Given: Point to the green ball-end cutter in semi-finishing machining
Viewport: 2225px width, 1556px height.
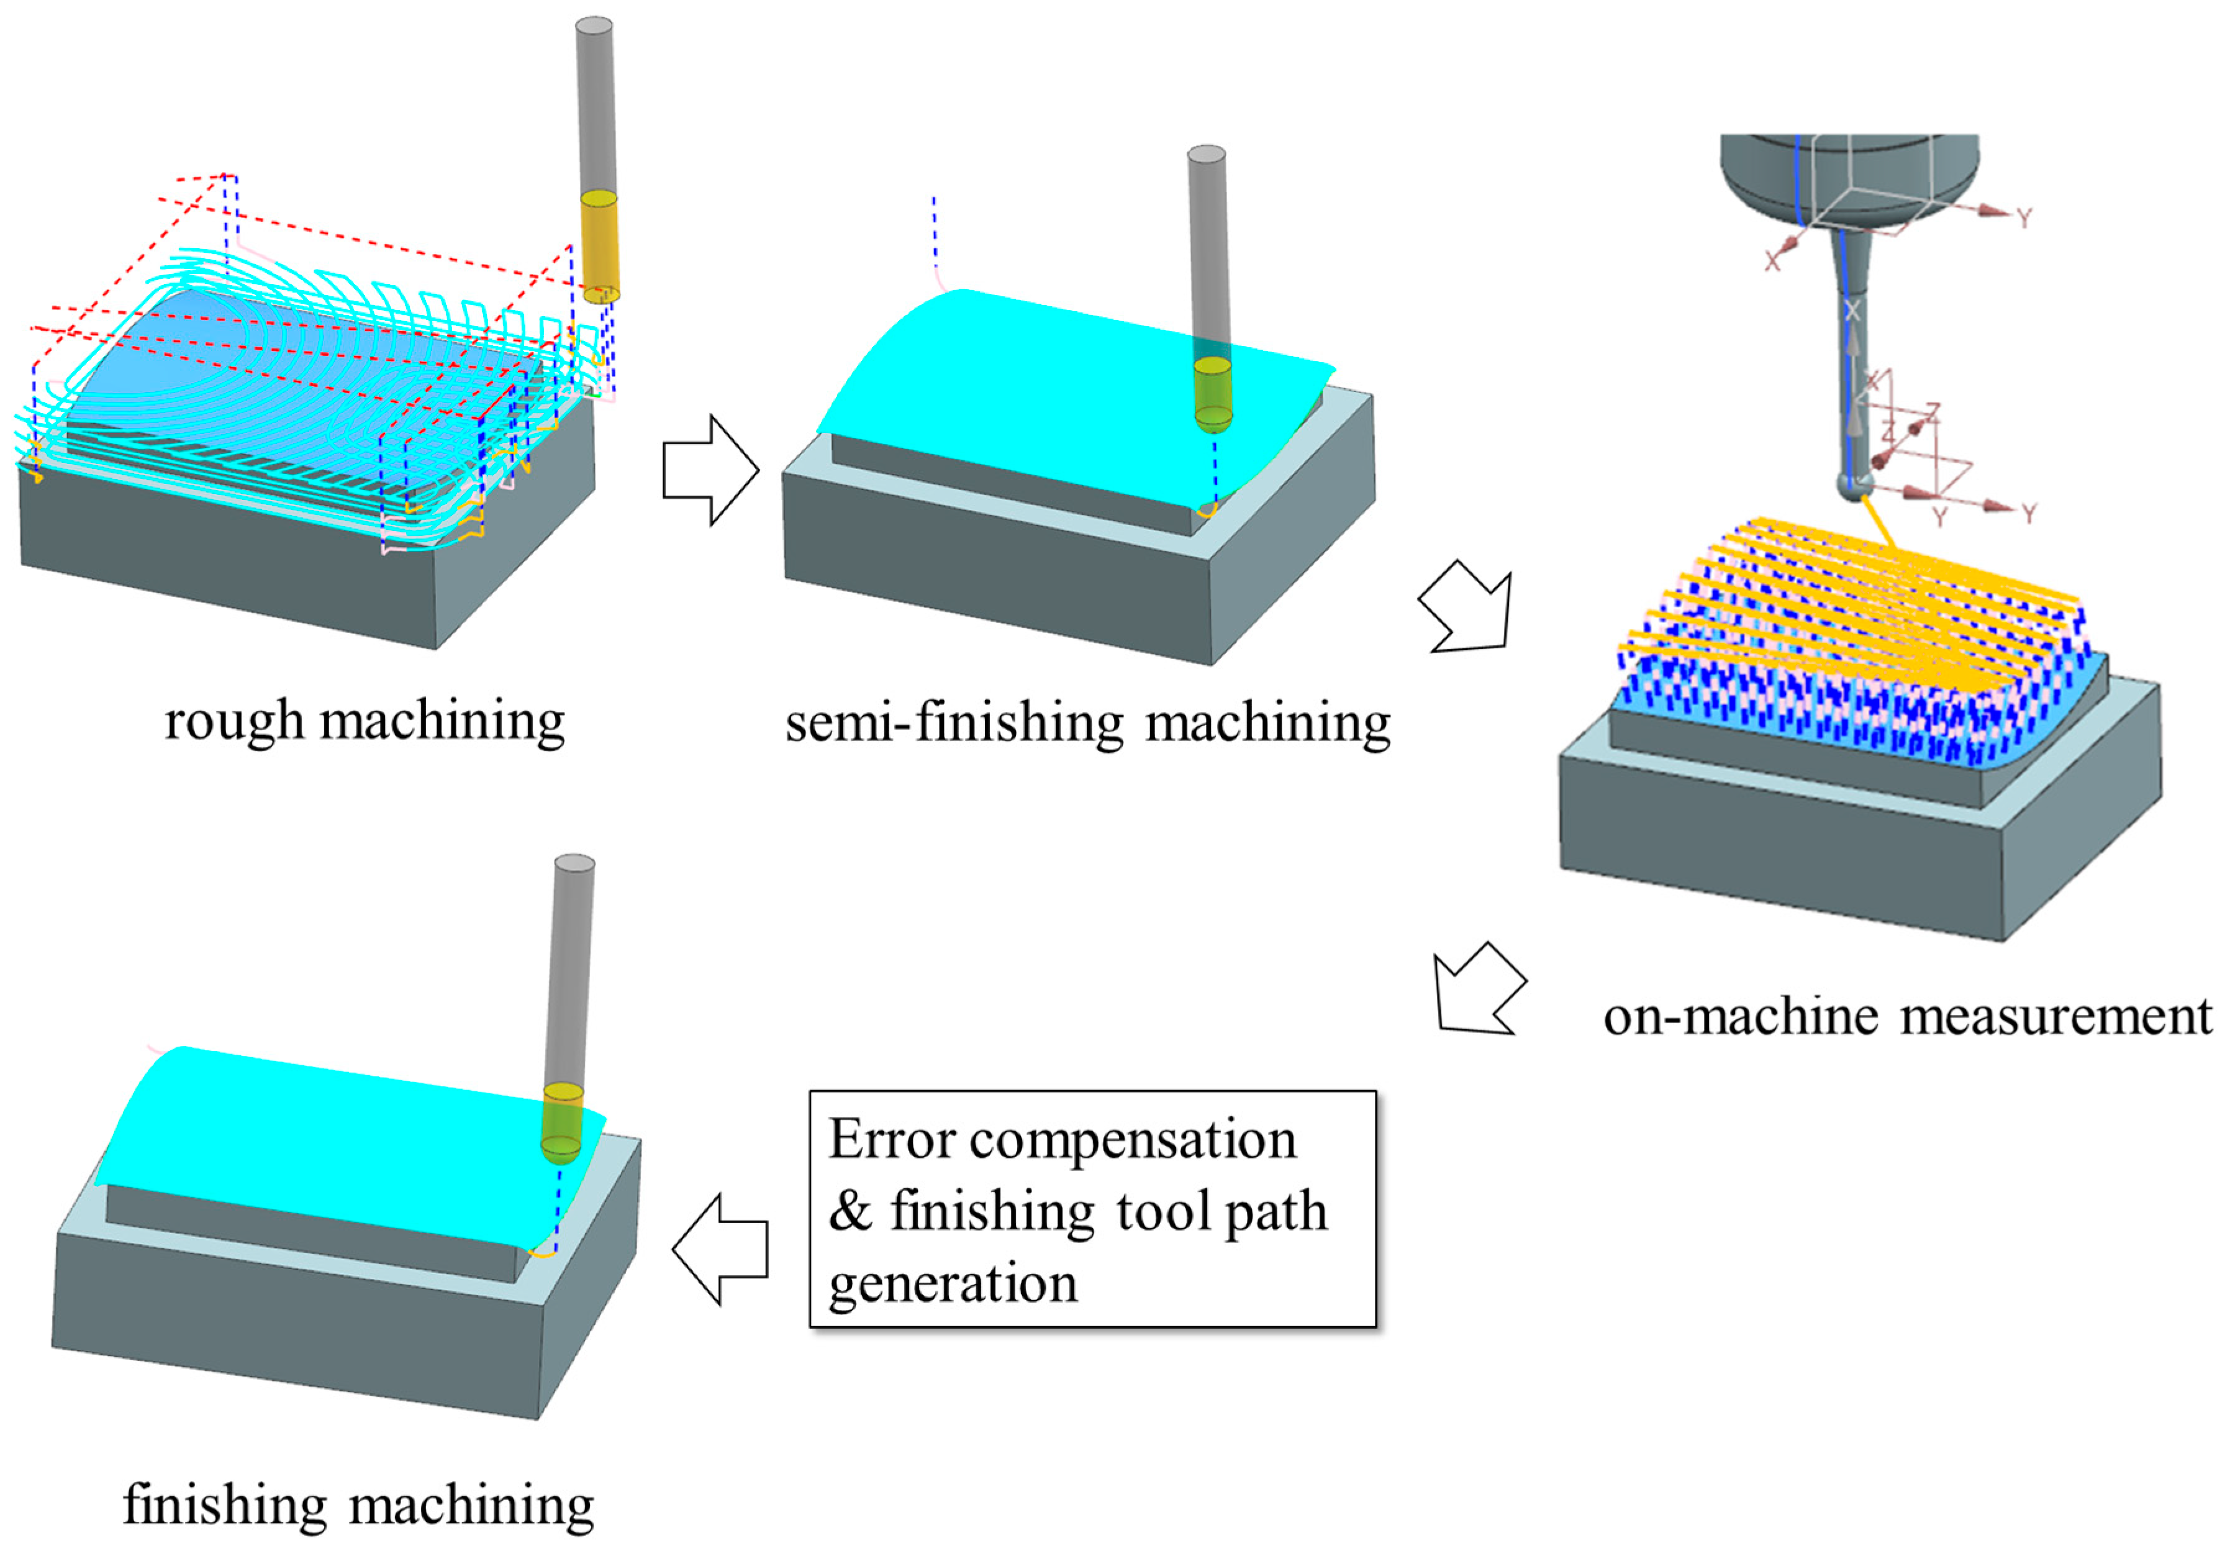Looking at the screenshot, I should pyautogui.click(x=1212, y=394).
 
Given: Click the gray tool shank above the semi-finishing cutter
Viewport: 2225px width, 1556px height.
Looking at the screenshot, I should pyautogui.click(x=1208, y=252).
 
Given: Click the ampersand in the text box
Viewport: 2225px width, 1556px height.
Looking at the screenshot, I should pyautogui.click(x=850, y=1212).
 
